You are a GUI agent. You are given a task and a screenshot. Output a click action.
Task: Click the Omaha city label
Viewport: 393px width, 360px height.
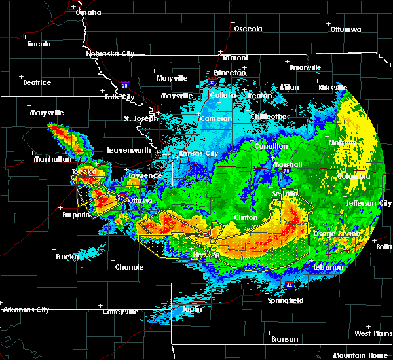pos(88,12)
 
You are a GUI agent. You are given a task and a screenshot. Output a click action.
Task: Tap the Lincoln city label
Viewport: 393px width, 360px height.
pos(39,44)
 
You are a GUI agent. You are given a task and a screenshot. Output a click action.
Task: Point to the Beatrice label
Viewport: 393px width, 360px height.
pos(37,82)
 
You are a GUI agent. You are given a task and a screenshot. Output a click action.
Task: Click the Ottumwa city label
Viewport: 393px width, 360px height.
pos(346,29)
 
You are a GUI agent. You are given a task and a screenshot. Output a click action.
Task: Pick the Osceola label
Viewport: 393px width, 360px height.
pos(248,29)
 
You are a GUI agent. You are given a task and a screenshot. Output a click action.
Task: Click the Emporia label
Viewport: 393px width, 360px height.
pos(77,215)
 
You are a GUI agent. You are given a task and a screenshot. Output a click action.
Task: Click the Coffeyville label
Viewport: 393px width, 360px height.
pos(120,312)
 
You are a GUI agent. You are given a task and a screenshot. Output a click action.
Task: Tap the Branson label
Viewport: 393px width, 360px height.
pos(285,339)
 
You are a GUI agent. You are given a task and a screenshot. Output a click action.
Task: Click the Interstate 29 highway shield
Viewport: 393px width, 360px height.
pos(124,84)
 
